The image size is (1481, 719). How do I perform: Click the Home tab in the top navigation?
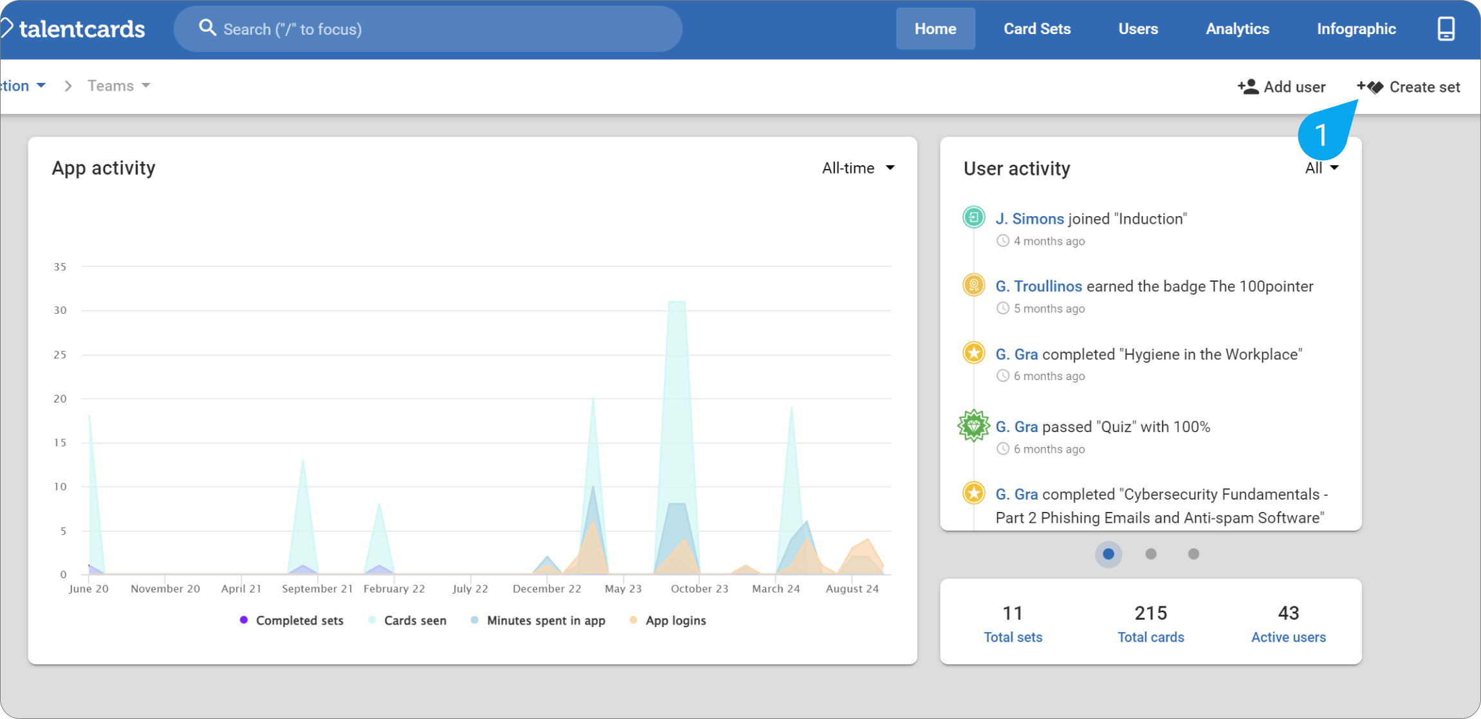tap(935, 29)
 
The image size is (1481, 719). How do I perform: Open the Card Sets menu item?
tap(1037, 29)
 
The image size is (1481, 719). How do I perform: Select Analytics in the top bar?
tap(1237, 29)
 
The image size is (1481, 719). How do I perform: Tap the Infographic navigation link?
tap(1356, 29)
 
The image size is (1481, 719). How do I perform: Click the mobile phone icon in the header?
tap(1446, 29)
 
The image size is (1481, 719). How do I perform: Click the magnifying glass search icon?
tap(207, 28)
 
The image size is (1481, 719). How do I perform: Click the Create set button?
tap(1408, 87)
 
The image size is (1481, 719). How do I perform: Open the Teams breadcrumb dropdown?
tap(119, 86)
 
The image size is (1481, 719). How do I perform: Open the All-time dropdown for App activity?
tap(858, 168)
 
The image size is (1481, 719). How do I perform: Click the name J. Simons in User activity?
tap(1029, 219)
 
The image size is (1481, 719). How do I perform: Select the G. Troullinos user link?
tap(1038, 286)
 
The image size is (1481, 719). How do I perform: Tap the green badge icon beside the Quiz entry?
tap(973, 426)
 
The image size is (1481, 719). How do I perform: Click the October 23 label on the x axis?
tap(699, 588)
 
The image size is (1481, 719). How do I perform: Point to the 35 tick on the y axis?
tap(60, 266)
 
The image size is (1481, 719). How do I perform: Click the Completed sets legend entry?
tap(291, 621)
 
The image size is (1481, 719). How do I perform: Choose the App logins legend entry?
tap(668, 621)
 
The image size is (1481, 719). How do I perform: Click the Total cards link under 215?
tap(1150, 637)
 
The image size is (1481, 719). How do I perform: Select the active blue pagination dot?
tap(1108, 554)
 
